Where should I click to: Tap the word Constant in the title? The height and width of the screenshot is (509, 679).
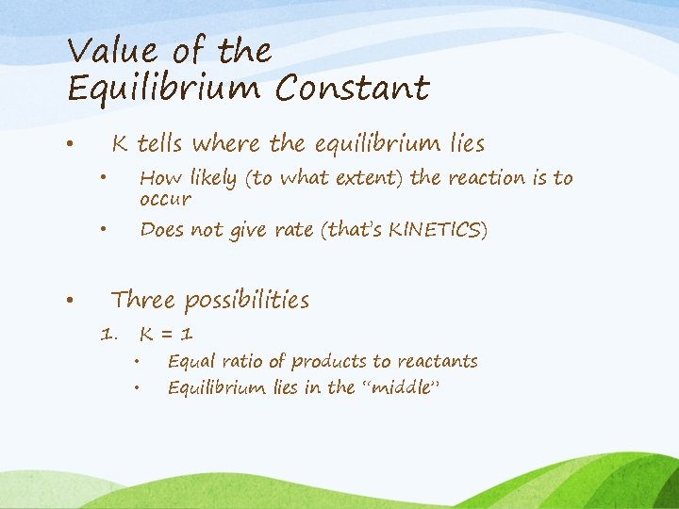pyautogui.click(x=353, y=89)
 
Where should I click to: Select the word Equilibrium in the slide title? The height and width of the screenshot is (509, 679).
pyautogui.click(x=164, y=89)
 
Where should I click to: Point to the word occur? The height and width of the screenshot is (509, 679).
pyautogui.click(x=165, y=200)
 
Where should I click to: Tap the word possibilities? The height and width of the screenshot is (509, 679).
pyautogui.click(x=247, y=301)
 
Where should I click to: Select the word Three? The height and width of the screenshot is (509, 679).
pyautogui.click(x=143, y=301)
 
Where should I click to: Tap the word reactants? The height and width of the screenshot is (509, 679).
pyautogui.click(x=437, y=362)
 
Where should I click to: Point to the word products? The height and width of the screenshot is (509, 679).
pyautogui.click(x=330, y=362)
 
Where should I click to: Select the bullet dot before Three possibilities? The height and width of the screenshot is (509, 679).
pyautogui.click(x=70, y=301)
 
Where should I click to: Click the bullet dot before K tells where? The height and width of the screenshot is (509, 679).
pyautogui.click(x=70, y=144)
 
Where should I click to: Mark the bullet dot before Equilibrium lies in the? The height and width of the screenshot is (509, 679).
pyautogui.click(x=137, y=387)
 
